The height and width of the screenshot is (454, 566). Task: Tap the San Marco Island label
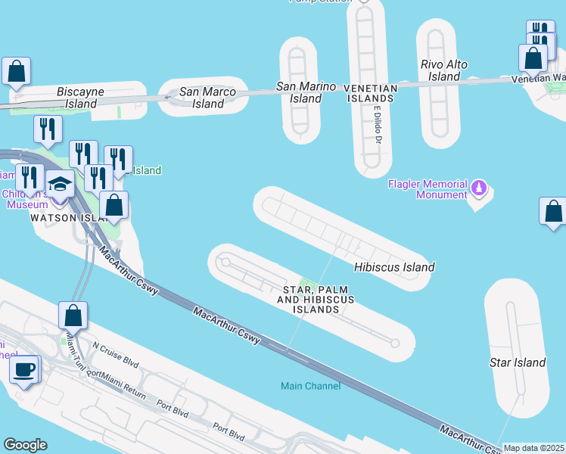click(x=208, y=98)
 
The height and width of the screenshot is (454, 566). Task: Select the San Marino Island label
click(x=306, y=92)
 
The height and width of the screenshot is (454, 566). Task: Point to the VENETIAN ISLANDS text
click(x=370, y=89)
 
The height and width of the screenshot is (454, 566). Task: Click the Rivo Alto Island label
click(x=444, y=70)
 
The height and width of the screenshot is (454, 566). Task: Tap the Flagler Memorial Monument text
click(x=428, y=189)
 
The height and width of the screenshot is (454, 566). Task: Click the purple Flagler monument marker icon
click(x=478, y=186)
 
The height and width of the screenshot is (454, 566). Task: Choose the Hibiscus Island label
click(x=394, y=267)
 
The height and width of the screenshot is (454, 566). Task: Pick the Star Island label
click(x=518, y=362)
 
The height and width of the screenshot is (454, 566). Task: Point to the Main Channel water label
click(x=310, y=386)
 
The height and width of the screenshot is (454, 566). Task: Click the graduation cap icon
click(x=60, y=183)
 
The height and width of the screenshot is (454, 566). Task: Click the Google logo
click(x=25, y=445)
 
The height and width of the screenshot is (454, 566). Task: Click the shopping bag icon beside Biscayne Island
click(x=16, y=72)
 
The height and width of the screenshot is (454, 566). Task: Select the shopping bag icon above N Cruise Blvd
click(x=73, y=314)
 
